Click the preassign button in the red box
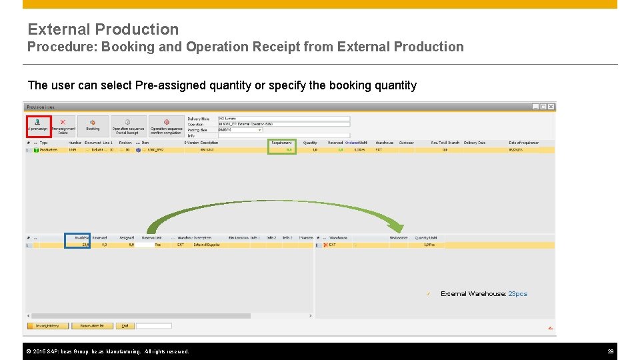[38, 125]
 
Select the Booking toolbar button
[93, 125]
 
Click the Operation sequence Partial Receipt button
[128, 125]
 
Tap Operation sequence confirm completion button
[166, 125]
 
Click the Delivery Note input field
[283, 119]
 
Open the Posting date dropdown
[259, 130]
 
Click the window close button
[550, 107]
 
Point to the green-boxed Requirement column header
[281, 143]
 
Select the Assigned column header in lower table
[127, 237]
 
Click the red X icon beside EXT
[325, 245]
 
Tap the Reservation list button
[93, 326]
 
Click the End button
[125, 326]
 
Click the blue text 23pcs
[517, 294]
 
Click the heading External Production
[103, 29]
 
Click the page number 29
[610, 351]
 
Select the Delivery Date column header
[475, 143]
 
